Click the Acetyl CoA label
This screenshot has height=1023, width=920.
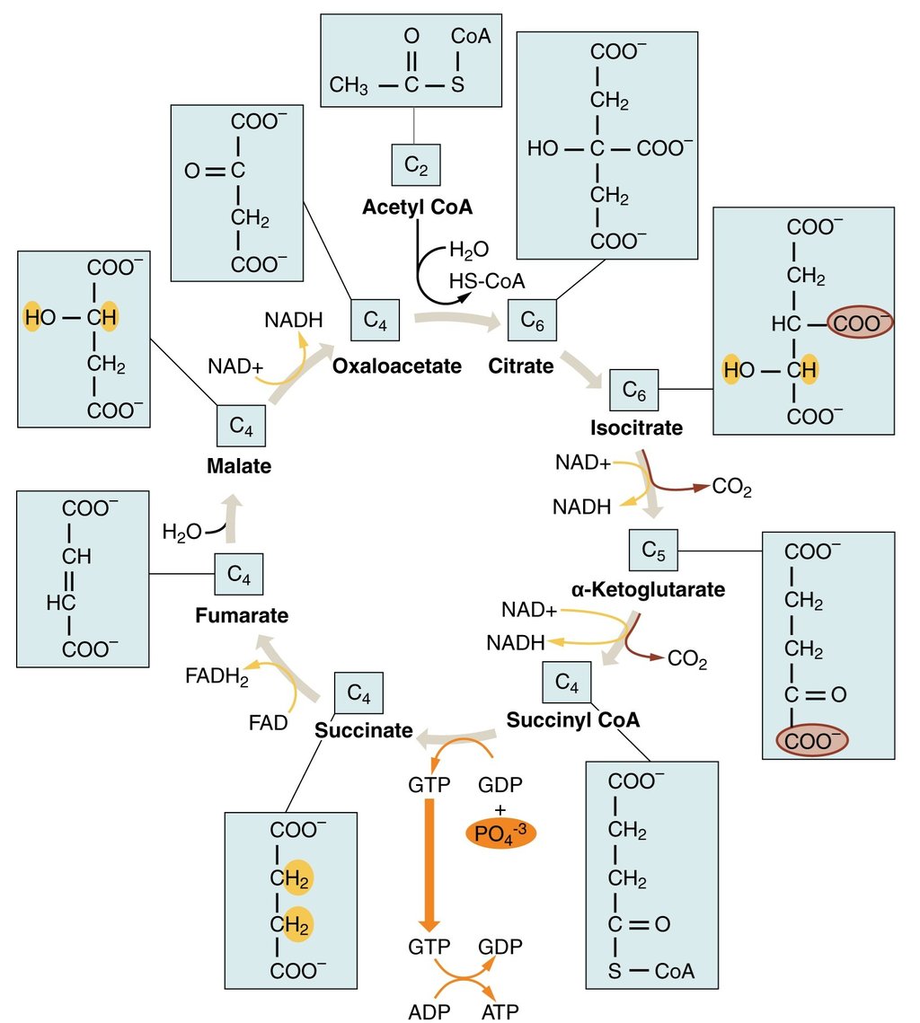click(x=417, y=207)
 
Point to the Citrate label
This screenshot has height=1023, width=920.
click(x=521, y=366)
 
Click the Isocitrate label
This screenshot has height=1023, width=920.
click(x=636, y=428)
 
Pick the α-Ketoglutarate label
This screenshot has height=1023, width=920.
click(x=648, y=590)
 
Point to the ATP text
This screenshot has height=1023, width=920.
click(x=500, y=1010)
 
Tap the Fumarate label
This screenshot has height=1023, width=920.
click(x=242, y=616)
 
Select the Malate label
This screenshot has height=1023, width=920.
click(x=238, y=466)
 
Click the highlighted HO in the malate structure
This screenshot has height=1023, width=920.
click(x=40, y=316)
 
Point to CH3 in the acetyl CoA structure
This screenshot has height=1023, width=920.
click(x=349, y=86)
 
